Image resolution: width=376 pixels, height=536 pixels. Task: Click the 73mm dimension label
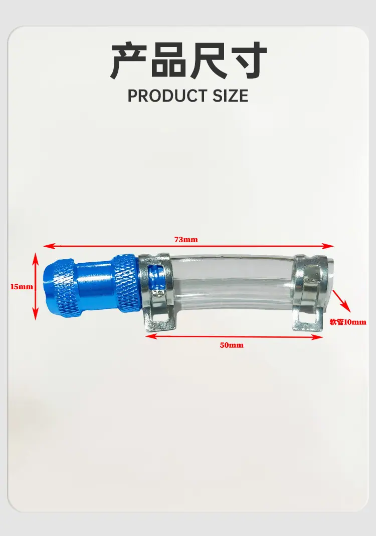186,240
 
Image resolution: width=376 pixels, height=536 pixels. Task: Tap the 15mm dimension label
22,286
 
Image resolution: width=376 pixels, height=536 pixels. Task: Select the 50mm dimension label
232,345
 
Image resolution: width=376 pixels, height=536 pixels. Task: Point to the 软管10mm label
347,322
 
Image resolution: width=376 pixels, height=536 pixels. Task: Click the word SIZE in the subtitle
231,96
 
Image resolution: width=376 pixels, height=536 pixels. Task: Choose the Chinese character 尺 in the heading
208,61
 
